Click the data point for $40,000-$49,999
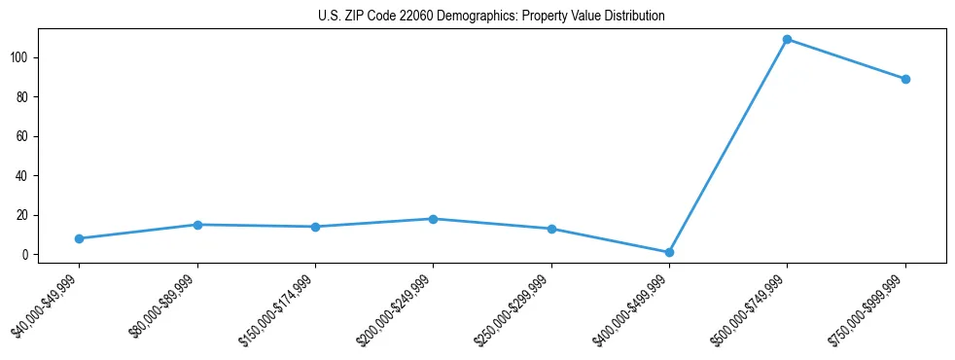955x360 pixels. [79, 238]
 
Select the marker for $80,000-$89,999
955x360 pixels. [197, 225]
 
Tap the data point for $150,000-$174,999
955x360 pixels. [315, 227]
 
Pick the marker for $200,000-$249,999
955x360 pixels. [433, 219]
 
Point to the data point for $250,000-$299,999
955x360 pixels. [551, 229]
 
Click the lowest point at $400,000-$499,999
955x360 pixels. [669, 252]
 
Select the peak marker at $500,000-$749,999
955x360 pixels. [787, 40]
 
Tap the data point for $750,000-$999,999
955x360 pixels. [905, 79]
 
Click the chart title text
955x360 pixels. [491, 16]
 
